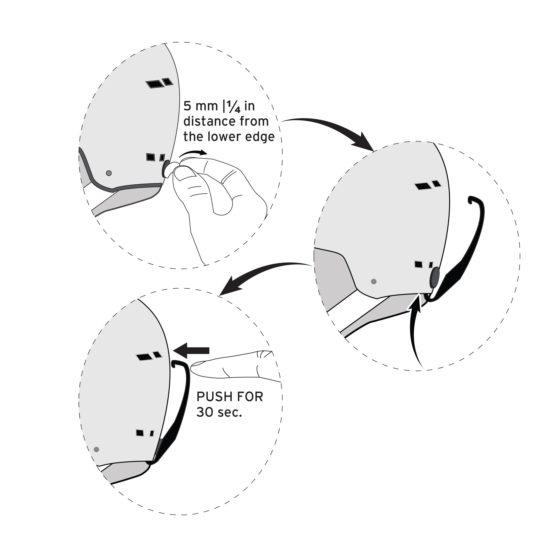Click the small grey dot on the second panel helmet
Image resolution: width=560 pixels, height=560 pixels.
point(374,281)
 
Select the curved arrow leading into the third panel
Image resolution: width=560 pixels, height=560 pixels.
point(261,273)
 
